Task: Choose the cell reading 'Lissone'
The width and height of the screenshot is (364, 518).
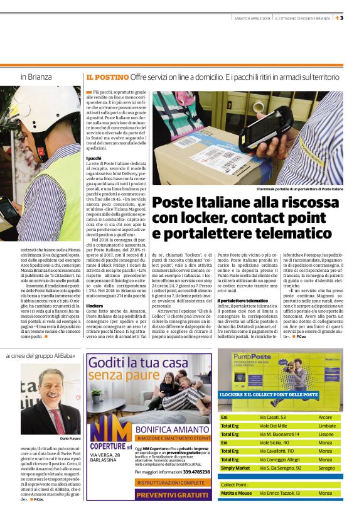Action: coord(326,434)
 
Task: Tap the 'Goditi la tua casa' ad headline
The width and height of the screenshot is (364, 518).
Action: coord(138,363)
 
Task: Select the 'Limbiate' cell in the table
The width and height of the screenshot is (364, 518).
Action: coord(327,425)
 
